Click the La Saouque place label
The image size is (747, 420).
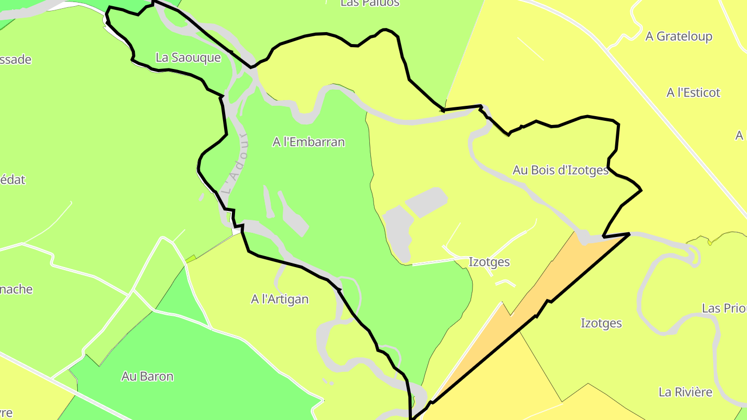click(x=188, y=58)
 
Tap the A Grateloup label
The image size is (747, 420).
click(x=679, y=36)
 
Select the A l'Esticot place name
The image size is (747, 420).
click(x=693, y=93)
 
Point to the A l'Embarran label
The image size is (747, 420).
click(x=308, y=142)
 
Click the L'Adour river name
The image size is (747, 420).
click(x=237, y=163)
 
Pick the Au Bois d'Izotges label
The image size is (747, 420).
click(x=560, y=170)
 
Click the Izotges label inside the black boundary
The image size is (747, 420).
click(x=489, y=262)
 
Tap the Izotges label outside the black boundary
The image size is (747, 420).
click(x=601, y=323)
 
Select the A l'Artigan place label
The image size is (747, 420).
click(x=280, y=299)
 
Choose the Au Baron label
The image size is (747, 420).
click(x=147, y=376)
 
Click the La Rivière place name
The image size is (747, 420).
click(x=685, y=392)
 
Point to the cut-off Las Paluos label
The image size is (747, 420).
click(x=370, y=3)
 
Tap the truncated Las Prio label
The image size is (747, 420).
click(x=724, y=308)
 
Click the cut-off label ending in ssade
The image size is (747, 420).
click(x=16, y=60)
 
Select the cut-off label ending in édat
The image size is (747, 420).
click(x=12, y=180)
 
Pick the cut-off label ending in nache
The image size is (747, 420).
click(x=16, y=289)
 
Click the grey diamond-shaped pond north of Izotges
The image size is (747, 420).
click(x=426, y=201)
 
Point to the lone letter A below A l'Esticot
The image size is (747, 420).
click(x=740, y=136)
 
